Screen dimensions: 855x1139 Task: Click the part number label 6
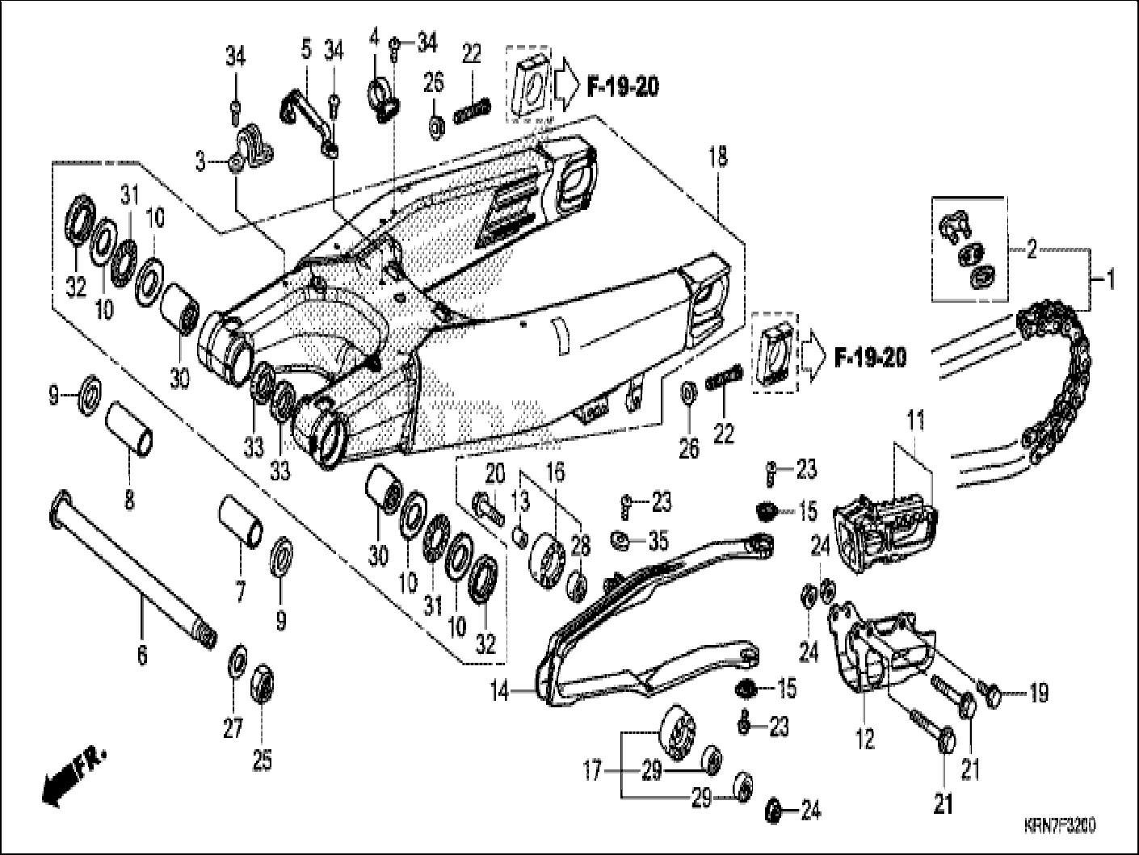coord(142,656)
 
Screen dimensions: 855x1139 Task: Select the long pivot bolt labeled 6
coord(129,564)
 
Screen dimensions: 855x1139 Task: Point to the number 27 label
coord(233,729)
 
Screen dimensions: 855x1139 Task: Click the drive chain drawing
coord(1058,371)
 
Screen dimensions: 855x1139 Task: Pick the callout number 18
coord(717,157)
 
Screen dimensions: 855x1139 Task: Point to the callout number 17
coord(593,772)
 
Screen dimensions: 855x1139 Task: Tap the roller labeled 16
coord(550,557)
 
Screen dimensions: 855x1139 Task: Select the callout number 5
coord(305,49)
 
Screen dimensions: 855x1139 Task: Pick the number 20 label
coord(494,473)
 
